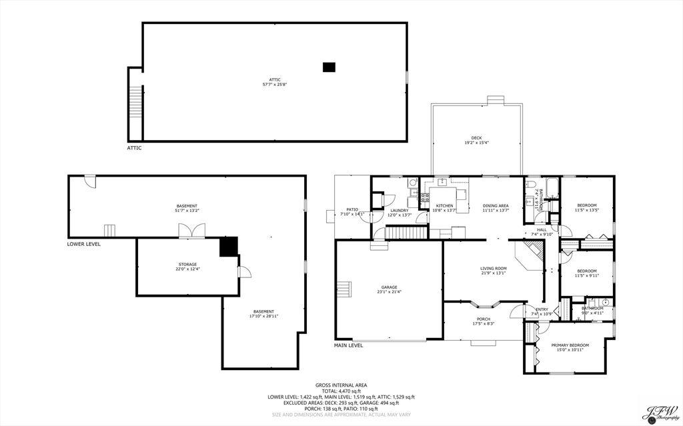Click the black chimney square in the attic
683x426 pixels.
click(x=328, y=67)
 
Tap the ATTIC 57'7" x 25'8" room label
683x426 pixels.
click(x=275, y=82)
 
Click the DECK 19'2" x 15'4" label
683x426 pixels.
click(x=476, y=140)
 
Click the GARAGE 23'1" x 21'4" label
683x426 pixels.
click(x=390, y=289)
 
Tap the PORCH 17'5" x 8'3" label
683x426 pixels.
click(x=484, y=321)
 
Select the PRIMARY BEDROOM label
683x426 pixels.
click(x=567, y=347)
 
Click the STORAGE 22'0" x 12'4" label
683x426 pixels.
click(x=187, y=267)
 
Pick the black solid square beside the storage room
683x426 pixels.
click(x=229, y=246)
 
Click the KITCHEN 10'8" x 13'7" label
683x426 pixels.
click(x=445, y=208)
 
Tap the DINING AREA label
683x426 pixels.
click(x=496, y=208)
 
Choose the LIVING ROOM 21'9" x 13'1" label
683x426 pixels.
click(x=494, y=271)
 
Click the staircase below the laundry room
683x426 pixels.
click(x=406, y=233)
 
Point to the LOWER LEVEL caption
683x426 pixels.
click(x=84, y=244)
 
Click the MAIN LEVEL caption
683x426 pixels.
click(x=348, y=345)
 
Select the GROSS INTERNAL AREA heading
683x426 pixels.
click(x=341, y=385)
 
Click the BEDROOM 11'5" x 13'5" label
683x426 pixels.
click(x=586, y=207)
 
